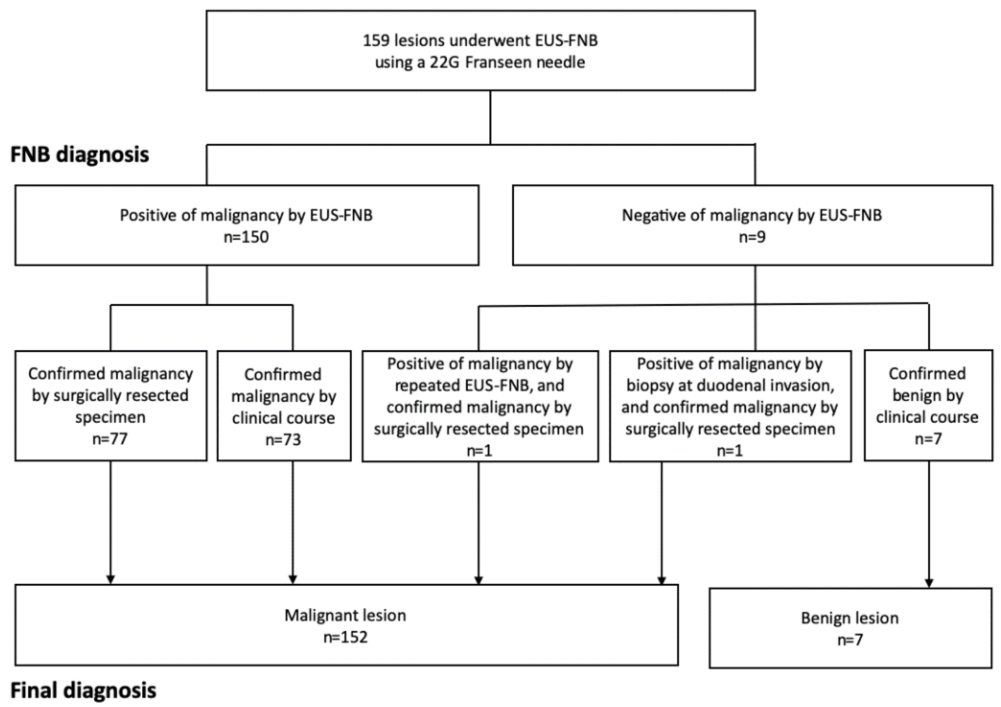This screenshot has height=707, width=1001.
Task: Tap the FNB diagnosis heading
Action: click(x=80, y=155)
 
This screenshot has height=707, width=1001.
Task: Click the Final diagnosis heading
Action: click(x=83, y=690)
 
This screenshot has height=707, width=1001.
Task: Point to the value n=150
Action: click(x=246, y=237)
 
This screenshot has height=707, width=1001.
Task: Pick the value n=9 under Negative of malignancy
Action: click(x=752, y=237)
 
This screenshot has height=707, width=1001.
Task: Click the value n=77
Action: click(x=110, y=439)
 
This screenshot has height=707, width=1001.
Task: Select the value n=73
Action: click(x=283, y=439)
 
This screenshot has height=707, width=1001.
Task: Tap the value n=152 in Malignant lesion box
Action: click(x=345, y=637)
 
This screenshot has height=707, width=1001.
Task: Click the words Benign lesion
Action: click(x=850, y=618)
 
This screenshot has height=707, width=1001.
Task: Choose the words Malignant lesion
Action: click(x=345, y=615)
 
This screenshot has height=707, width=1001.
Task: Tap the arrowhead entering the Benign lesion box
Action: click(x=929, y=583)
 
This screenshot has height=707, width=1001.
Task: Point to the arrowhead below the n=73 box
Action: click(x=293, y=579)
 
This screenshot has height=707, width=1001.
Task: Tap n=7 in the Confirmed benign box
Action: click(x=928, y=439)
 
